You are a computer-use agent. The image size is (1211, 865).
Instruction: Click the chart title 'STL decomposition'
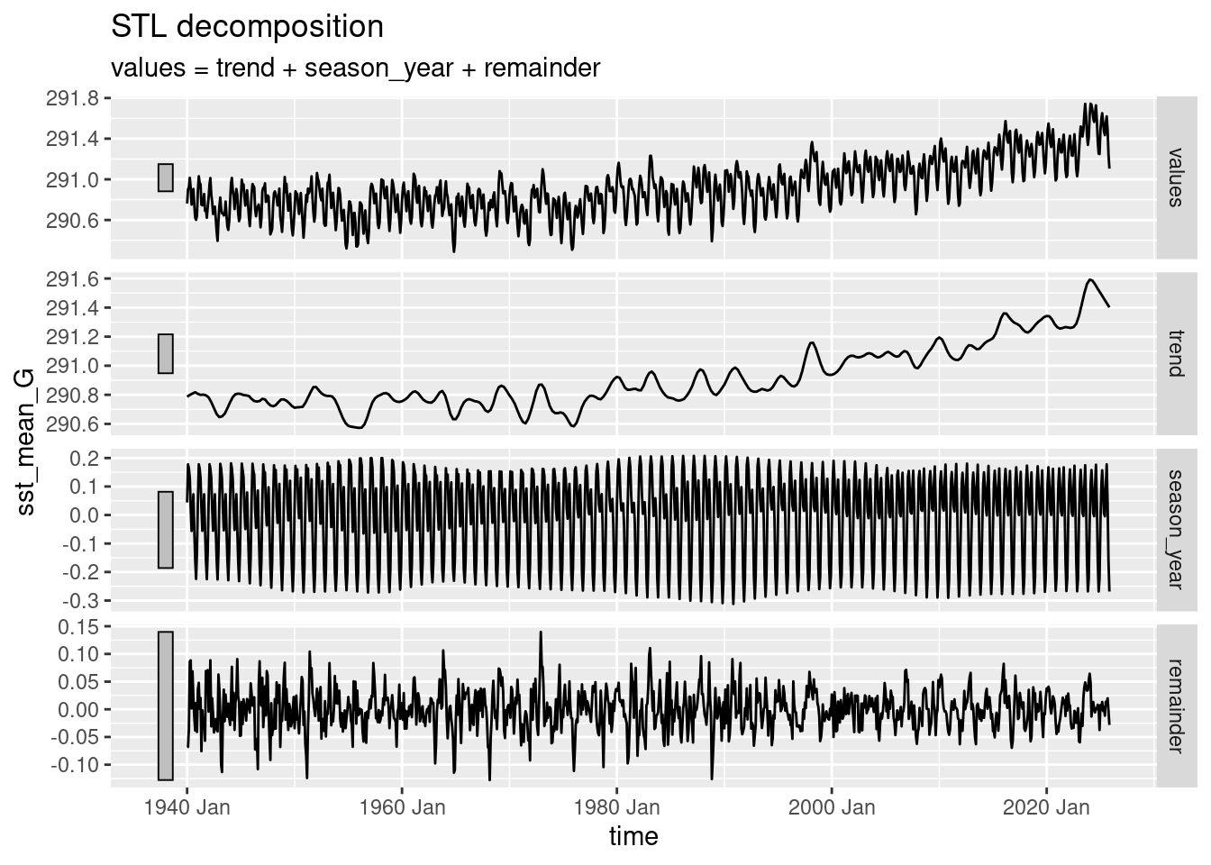click(x=247, y=27)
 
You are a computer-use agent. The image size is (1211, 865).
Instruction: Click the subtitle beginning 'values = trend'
click(x=355, y=68)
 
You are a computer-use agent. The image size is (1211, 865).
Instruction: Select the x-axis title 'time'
click(x=633, y=836)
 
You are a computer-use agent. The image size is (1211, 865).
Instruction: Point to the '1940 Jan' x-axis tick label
click(x=187, y=806)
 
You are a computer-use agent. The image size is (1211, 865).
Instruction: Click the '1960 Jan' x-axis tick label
click(x=402, y=806)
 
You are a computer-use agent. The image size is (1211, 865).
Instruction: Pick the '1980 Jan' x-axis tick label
click(x=617, y=806)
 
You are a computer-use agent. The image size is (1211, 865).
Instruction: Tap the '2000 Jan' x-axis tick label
click(x=832, y=806)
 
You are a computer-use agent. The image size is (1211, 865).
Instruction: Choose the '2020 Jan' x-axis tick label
click(x=1046, y=806)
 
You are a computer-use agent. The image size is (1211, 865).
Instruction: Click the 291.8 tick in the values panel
click(x=76, y=97)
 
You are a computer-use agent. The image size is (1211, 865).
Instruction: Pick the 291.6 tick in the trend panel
click(x=76, y=279)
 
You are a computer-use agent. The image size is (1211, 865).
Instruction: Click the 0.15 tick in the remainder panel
click(x=81, y=625)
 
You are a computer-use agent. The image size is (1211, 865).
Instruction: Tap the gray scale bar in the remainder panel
click(x=166, y=706)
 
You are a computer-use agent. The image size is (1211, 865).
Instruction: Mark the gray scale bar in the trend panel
click(x=166, y=353)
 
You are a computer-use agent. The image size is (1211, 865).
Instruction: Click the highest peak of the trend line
click(x=1090, y=279)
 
